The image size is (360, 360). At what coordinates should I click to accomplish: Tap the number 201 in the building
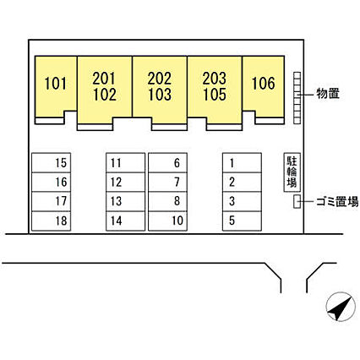[104, 79]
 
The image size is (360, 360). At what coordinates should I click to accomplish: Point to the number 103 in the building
[160, 95]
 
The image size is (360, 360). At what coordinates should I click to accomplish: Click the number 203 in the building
[215, 79]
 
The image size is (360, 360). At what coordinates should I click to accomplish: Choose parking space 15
[51, 162]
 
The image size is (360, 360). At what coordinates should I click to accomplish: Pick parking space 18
[51, 221]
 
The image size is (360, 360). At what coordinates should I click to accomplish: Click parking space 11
[125, 162]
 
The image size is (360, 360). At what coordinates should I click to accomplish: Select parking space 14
[125, 221]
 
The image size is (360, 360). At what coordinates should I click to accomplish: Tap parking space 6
[167, 162]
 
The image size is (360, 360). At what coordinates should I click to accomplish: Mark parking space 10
[167, 221]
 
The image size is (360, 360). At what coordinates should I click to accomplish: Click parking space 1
[242, 162]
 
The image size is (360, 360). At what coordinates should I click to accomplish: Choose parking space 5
[242, 221]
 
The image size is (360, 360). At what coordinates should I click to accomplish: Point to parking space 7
[167, 182]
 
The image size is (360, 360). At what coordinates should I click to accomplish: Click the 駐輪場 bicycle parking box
[292, 172]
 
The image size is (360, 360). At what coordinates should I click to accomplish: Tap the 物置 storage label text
[328, 94]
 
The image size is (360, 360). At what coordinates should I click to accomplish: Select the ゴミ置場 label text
[337, 201]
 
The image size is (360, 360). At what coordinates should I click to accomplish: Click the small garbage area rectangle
[297, 201]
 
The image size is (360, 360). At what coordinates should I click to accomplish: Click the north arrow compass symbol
[341, 307]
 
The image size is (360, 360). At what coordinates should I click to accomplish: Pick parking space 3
[242, 201]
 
